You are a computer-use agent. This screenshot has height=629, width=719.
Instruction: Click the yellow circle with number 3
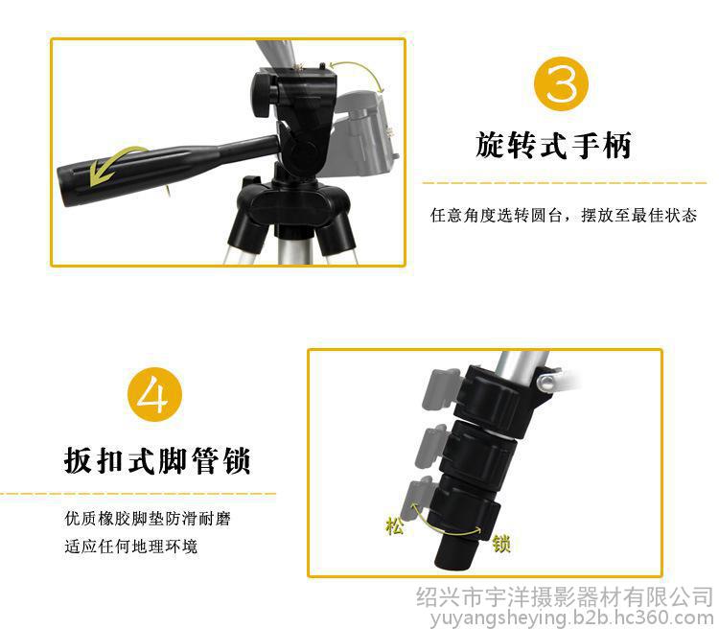coord(561,84)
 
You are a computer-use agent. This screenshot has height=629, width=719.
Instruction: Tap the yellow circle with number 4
coord(154,394)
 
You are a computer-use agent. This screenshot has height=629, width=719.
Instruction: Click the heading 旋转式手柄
coord(553,146)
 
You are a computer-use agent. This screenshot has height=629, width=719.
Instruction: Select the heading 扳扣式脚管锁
coord(157,460)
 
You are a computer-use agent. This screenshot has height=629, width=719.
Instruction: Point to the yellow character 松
coord(394,525)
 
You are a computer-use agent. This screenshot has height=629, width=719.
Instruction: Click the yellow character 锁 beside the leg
coord(501,544)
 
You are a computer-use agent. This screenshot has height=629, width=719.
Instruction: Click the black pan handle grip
coord(137,172)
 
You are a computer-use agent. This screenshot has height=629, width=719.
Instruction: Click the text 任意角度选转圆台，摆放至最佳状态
coord(564,215)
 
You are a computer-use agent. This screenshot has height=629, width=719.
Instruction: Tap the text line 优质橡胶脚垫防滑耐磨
coord(148,519)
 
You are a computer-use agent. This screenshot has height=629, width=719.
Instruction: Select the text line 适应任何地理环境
coord(130,547)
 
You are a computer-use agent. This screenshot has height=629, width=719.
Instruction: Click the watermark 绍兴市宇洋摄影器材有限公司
coord(565,597)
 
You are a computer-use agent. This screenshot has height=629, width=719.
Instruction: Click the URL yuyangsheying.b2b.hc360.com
coord(571,618)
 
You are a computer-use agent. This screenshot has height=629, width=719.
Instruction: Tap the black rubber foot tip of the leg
coord(455,553)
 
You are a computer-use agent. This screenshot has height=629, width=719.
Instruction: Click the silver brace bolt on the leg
coord(547,382)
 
